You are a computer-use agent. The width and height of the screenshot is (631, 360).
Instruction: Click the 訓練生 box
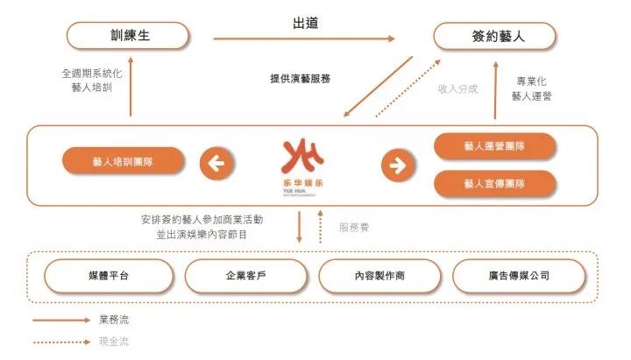[128, 35]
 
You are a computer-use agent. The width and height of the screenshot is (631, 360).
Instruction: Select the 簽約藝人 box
[494, 36]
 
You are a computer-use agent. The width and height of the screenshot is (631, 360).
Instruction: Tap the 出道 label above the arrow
[306, 23]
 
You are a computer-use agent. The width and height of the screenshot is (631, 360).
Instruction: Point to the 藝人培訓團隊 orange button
[124, 161]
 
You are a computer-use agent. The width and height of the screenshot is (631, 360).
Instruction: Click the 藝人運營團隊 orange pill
[494, 146]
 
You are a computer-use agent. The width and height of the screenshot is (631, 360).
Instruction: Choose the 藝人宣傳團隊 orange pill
[494, 184]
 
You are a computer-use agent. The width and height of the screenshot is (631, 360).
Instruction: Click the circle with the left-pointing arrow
[216, 163]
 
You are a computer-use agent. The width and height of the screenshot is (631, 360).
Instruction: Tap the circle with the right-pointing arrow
[398, 165]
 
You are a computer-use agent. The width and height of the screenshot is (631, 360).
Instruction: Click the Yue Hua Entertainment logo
[302, 167]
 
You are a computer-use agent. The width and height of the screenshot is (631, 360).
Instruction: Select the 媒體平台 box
[109, 276]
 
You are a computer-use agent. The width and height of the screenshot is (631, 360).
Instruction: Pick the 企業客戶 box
[246, 276]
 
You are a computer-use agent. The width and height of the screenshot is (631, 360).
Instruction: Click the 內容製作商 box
[379, 276]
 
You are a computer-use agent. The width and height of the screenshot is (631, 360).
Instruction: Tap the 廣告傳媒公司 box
[519, 276]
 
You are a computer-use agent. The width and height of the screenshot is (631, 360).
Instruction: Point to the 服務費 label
[354, 228]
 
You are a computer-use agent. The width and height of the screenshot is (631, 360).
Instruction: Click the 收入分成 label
[458, 88]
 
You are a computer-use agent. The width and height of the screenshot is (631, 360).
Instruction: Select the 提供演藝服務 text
[301, 79]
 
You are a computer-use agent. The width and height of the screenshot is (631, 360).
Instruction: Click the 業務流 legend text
[114, 321]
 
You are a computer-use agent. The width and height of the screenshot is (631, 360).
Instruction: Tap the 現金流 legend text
[114, 342]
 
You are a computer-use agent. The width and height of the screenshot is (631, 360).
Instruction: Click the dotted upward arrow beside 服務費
[321, 227]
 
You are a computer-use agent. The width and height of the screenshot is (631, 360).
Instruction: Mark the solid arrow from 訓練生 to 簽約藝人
[304, 39]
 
